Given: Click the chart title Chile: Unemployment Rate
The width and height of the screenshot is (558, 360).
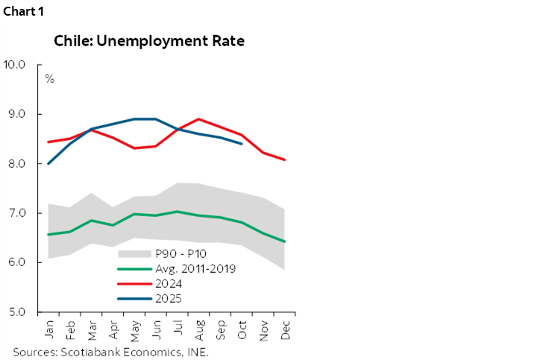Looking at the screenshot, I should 149,41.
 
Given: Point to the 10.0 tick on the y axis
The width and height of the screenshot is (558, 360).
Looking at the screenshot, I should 15,65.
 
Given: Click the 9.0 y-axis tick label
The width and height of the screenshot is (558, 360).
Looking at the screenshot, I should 15,114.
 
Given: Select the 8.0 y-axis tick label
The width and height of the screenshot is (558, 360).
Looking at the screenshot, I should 15,164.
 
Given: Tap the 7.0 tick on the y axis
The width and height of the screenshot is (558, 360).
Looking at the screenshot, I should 15,213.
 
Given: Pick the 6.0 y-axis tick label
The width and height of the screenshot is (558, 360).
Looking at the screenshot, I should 15,262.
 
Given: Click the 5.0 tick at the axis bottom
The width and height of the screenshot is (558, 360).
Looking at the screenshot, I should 15,312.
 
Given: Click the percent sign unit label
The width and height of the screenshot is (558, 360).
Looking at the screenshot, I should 49,78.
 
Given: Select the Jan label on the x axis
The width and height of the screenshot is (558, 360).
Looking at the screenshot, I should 49,329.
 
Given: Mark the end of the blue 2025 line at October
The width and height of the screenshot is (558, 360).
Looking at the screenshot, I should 241,144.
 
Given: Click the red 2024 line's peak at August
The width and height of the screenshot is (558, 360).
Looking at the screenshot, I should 197,119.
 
